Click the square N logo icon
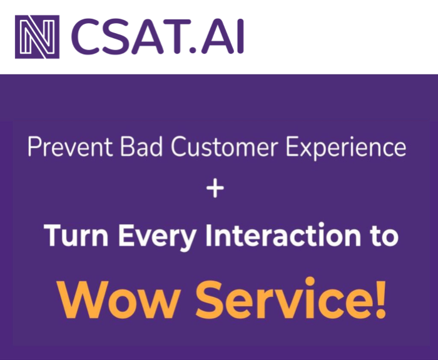tap(37, 36)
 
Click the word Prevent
tap(64, 148)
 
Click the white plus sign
tap(215, 190)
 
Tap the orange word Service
tap(287, 299)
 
